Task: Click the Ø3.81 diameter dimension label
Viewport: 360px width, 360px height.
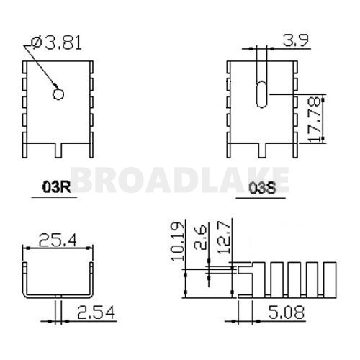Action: coord(57,42)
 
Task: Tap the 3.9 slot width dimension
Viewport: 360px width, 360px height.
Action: coord(295,40)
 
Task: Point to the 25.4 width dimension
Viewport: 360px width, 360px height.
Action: coord(58,240)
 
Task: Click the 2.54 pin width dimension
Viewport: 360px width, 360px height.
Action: coord(96,312)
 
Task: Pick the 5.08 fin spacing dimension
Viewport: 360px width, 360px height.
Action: coord(287,312)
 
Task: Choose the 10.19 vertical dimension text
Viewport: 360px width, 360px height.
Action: coord(178,241)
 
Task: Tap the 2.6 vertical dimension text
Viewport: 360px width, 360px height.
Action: coord(200,238)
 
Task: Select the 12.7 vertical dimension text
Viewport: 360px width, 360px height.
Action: coord(224,238)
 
